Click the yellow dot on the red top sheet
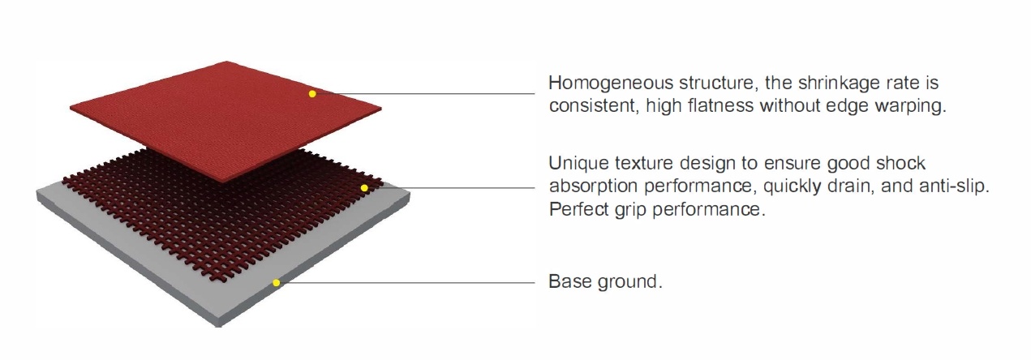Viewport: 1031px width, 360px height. (x=312, y=94)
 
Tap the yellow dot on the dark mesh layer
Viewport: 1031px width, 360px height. (x=364, y=187)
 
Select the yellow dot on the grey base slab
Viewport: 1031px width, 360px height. (x=276, y=282)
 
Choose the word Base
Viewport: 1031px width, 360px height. (x=569, y=281)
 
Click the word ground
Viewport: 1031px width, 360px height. (x=629, y=282)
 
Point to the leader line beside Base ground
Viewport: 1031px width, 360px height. (x=406, y=282)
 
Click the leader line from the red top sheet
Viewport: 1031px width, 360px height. (x=423, y=94)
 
